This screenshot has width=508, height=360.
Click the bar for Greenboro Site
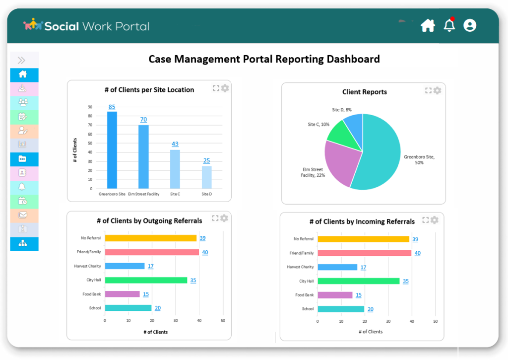112,150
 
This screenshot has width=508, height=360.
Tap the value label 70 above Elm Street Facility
143,120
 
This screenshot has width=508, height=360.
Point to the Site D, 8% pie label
342,110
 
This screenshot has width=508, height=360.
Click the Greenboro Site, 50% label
419,159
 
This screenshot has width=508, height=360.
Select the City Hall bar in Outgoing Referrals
146,280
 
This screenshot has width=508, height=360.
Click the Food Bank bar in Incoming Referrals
335,295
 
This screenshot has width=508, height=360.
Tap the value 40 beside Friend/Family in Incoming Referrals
417,253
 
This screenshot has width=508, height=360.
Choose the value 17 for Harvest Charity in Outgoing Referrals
150,266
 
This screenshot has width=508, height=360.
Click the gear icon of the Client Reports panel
437,90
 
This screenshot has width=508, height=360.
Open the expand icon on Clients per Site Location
216,88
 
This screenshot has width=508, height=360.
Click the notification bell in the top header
449,25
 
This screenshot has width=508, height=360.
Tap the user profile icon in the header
469,25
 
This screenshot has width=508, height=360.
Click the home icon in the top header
428,25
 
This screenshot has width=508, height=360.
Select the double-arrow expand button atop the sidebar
21,61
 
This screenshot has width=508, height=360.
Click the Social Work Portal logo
86,26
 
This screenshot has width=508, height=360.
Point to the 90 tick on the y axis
90,107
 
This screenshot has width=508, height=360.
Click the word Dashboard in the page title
353,59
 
